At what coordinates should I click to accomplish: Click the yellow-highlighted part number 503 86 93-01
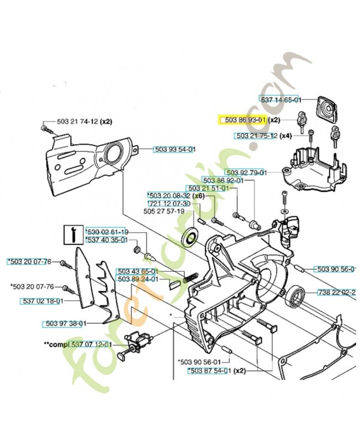pos(243,119)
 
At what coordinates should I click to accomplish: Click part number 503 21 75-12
pos(256,135)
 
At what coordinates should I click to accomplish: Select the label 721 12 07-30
pos(169,203)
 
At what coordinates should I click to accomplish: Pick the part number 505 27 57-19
pos(167,211)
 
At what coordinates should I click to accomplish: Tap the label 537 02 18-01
pos(41,301)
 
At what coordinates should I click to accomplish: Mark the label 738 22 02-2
pos(336,292)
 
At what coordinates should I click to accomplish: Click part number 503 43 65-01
pos(137,271)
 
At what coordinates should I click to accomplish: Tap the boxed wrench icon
pos(70,235)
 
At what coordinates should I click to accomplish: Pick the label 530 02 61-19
pos(107,232)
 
